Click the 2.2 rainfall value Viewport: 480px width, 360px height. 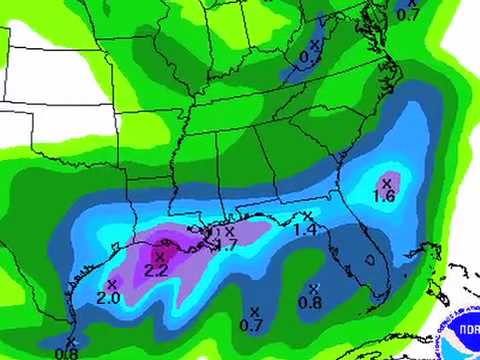[156, 271]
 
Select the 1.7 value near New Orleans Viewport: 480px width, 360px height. [226, 245]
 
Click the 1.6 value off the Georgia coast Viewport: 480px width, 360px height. [384, 197]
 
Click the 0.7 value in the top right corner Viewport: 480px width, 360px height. [408, 14]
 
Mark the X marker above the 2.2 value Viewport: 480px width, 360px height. [158, 257]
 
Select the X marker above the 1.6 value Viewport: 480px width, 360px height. [387, 182]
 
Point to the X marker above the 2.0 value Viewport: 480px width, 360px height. [111, 284]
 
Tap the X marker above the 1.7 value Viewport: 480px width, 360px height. [229, 231]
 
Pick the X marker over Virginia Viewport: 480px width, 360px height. [315, 45]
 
